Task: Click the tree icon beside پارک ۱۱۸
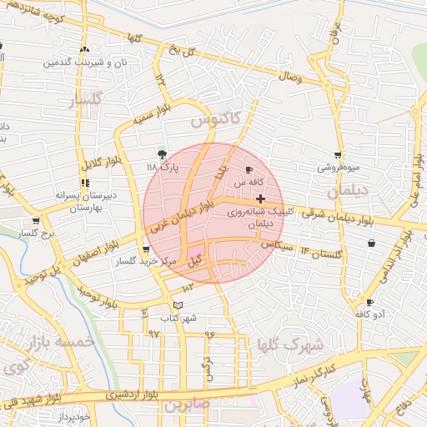click(x=162, y=154)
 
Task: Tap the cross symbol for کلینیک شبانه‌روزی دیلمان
click(x=262, y=199)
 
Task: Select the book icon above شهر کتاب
click(x=177, y=305)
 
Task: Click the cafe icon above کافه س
click(x=249, y=169)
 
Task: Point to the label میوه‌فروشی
click(x=337, y=167)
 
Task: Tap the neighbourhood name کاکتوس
click(x=214, y=120)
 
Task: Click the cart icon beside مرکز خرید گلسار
click(x=147, y=249)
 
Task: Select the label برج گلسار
click(x=35, y=234)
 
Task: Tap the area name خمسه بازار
click(x=58, y=342)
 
